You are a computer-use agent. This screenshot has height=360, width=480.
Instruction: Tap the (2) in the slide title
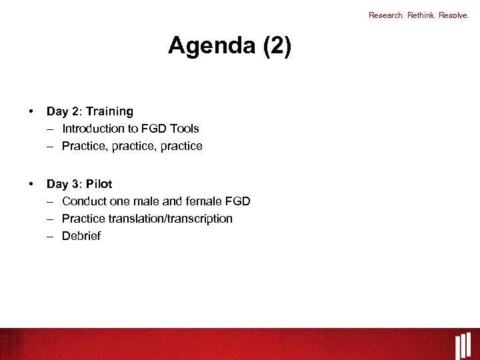pyautogui.click(x=277, y=47)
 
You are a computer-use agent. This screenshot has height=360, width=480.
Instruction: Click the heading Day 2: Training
pyautogui.click(x=89, y=111)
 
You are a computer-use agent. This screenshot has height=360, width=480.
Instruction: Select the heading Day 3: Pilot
pyautogui.click(x=79, y=184)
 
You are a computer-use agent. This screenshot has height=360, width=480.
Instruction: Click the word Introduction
pyautogui.click(x=93, y=129)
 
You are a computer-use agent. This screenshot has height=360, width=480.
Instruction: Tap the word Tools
pyautogui.click(x=184, y=129)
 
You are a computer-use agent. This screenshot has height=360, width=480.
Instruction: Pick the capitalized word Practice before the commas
pyautogui.click(x=83, y=146)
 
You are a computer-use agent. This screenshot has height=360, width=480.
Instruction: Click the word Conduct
pyautogui.click(x=83, y=201)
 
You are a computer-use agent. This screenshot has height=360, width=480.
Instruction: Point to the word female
pyautogui.click(x=204, y=201)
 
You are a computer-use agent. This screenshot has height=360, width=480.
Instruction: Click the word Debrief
pyautogui.click(x=81, y=236)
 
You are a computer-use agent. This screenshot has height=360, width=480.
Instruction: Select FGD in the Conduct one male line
pyautogui.click(x=238, y=201)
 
